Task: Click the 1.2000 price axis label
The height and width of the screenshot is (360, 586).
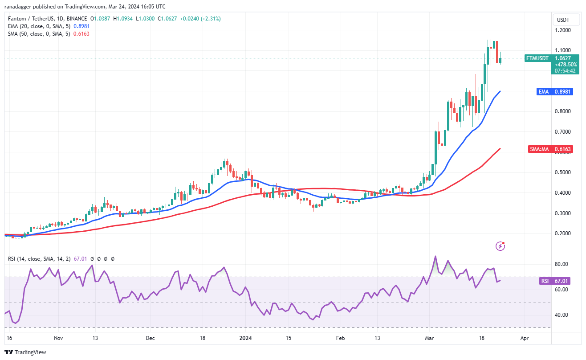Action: (563, 30)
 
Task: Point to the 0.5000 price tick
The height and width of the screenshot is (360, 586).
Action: (563, 172)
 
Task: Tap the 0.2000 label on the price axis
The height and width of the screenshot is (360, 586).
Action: (563, 233)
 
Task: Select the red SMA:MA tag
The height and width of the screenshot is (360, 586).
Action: (539, 149)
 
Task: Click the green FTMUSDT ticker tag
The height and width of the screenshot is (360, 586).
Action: (537, 58)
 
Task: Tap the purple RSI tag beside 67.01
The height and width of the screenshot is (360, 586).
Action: (544, 281)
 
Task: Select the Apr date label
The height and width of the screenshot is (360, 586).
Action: (525, 338)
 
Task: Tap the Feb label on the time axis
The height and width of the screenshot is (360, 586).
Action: (341, 338)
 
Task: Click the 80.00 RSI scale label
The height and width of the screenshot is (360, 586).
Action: (562, 264)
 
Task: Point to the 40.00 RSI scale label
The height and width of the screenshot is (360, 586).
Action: (562, 315)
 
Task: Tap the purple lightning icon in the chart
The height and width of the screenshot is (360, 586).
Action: (501, 245)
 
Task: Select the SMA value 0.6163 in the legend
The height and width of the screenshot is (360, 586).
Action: (81, 34)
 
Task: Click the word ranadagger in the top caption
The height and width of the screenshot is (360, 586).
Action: (20, 7)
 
